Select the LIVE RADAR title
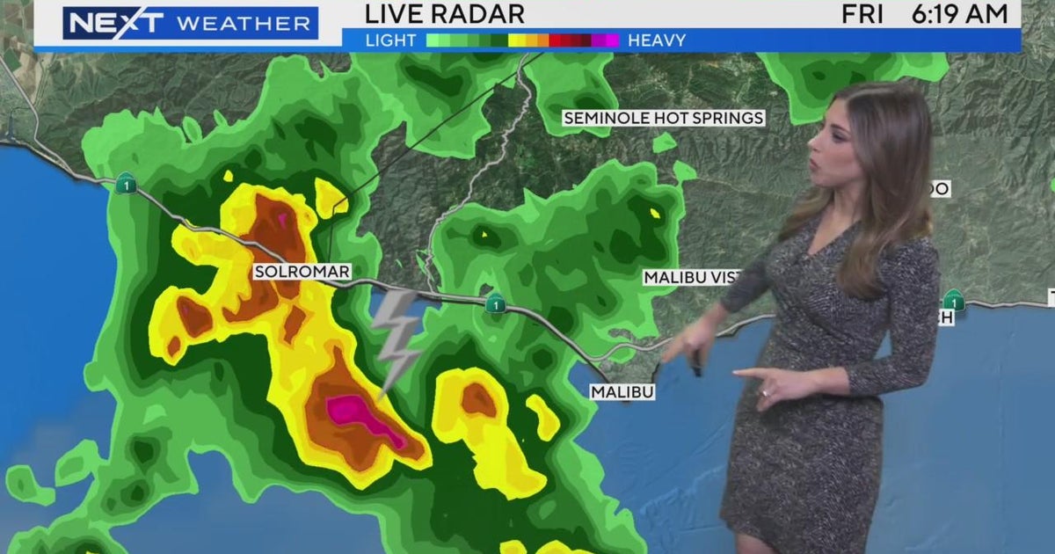tap(445, 14)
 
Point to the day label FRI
tap(863, 14)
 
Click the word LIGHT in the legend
tap(392, 40)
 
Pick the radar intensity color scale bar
tap(522, 40)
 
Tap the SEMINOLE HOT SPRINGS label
tap(664, 118)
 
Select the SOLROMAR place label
tap(302, 273)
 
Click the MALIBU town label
tap(622, 392)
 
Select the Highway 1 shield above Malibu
tap(495, 303)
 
